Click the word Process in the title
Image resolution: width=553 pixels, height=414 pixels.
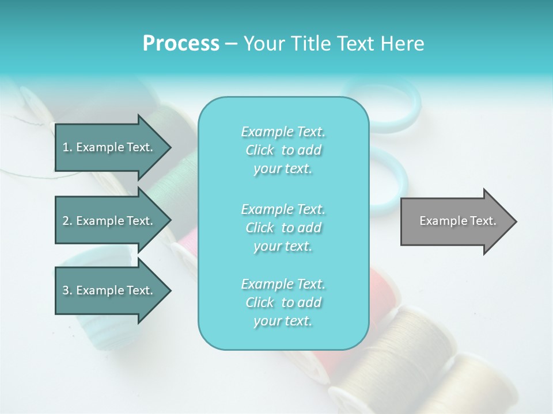point(181,44)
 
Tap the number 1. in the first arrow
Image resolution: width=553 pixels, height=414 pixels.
point(67,147)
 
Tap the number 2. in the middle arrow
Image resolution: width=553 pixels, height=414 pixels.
point(67,221)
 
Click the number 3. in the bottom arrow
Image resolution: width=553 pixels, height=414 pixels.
point(67,290)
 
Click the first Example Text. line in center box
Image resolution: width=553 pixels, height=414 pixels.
point(283,132)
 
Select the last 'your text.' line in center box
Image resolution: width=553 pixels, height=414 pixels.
point(283,321)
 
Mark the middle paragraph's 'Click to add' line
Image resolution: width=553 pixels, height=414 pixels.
point(283,228)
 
